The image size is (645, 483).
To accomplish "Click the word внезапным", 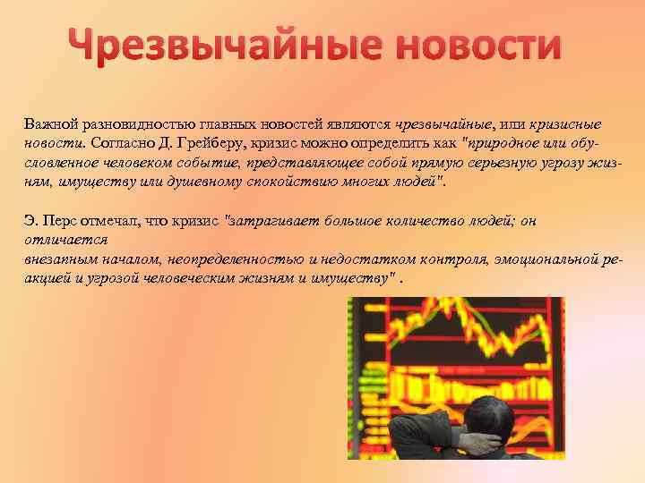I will click(57, 259).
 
